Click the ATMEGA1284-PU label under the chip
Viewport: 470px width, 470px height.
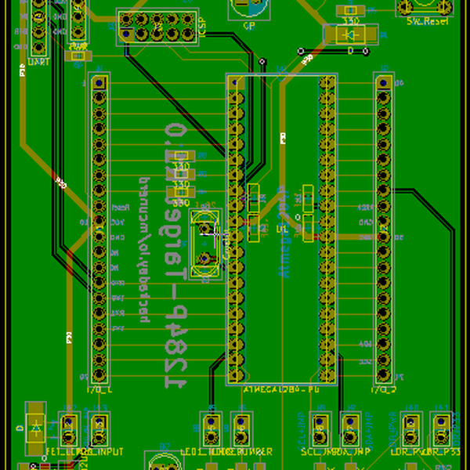click(x=282, y=389)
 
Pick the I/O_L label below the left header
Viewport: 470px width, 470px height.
click(x=99, y=389)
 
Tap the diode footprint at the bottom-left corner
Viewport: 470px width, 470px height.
click(x=35, y=427)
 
